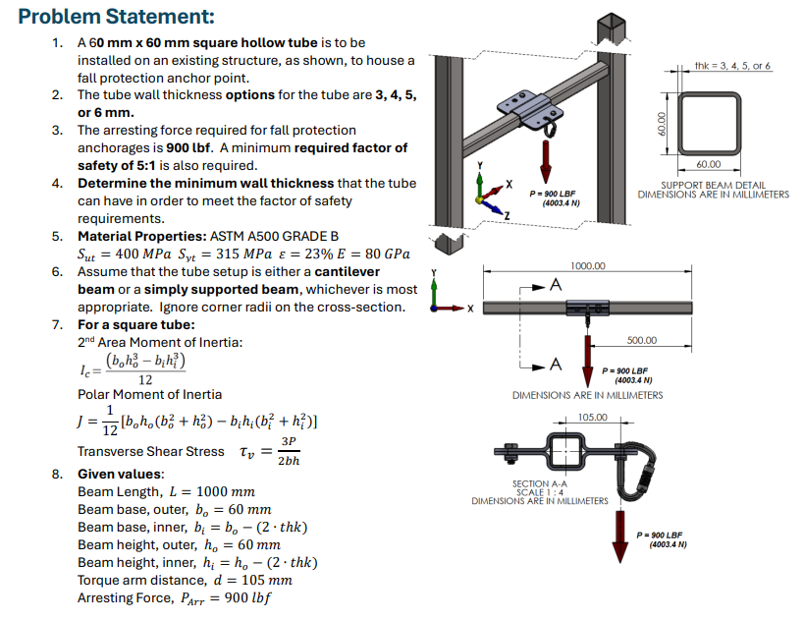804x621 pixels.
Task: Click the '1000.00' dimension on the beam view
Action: click(588, 265)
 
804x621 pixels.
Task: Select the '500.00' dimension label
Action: click(642, 340)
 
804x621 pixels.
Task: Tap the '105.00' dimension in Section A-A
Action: click(593, 417)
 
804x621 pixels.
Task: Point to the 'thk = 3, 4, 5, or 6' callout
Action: click(732, 65)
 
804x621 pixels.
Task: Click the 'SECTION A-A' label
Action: click(539, 483)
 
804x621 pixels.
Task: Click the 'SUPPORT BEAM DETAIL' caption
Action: click(713, 185)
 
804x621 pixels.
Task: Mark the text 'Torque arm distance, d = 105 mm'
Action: click(185, 580)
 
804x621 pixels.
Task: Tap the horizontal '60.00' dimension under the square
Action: click(708, 164)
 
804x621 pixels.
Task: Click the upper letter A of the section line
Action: click(556, 285)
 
